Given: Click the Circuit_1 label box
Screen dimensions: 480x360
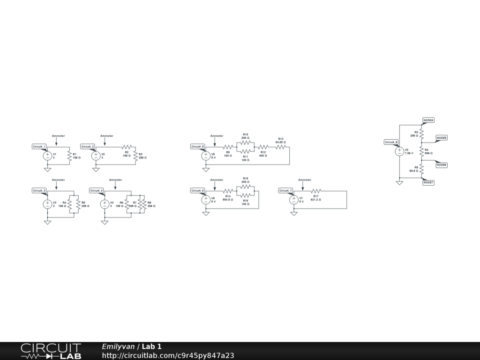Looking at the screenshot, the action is click(39, 147).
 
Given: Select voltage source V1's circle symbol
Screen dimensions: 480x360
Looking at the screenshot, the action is click(47, 156).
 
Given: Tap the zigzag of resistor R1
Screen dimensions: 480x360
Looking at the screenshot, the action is click(69, 156).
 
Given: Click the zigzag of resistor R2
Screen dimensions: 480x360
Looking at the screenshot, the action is click(127, 147).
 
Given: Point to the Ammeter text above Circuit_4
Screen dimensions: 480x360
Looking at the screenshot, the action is click(115, 180).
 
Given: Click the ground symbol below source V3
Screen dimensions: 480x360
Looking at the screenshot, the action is click(47, 222).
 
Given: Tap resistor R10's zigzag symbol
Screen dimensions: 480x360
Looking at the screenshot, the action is click(246, 143).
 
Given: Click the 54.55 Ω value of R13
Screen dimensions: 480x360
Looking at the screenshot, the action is click(280, 142).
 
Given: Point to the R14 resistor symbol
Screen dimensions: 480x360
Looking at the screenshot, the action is click(228, 191).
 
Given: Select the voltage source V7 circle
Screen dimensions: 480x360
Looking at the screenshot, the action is click(294, 200).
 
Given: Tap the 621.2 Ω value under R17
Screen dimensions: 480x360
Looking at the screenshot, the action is click(316, 200).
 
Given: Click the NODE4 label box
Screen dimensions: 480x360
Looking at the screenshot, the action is click(428, 120).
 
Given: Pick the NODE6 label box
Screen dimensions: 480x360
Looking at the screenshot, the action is click(442, 165).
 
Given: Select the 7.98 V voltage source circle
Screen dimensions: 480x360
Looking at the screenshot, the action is click(399, 151).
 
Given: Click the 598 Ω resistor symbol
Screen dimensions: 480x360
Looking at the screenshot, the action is click(421, 151).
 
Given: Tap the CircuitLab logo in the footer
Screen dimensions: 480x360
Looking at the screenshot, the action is click(51, 351).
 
